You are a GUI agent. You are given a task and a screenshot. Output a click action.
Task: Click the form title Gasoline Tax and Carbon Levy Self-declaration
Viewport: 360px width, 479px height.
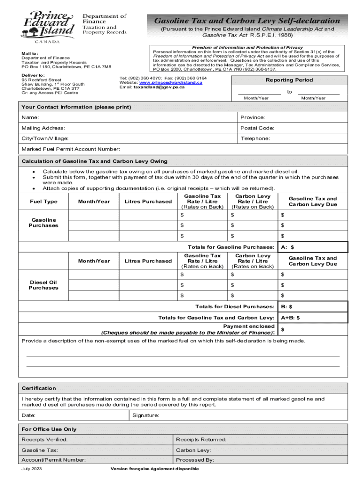pyautogui.click(x=247, y=21)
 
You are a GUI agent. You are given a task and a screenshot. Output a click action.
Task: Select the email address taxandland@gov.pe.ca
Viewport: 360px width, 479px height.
pyautogui.click(x=159, y=87)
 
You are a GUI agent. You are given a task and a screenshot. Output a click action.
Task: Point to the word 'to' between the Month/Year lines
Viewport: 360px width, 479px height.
pyautogui.click(x=289, y=92)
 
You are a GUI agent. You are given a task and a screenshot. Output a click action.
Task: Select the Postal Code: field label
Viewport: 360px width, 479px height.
pyautogui.click(x=257, y=128)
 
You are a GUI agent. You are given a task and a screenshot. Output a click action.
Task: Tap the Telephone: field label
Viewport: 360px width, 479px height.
pyautogui.click(x=255, y=138)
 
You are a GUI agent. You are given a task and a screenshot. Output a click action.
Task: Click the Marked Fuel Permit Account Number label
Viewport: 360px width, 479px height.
pyautogui.click(x=71, y=149)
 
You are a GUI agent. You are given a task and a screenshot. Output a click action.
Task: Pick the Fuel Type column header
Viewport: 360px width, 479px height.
pyautogui.click(x=44, y=202)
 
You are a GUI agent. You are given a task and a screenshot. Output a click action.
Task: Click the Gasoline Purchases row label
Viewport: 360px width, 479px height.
pyautogui.click(x=44, y=223)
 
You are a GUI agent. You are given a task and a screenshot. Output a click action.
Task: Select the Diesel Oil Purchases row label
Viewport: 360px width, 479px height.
pyautogui.click(x=43, y=285)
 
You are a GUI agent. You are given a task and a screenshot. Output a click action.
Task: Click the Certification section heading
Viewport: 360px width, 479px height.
pyautogui.click(x=39, y=388)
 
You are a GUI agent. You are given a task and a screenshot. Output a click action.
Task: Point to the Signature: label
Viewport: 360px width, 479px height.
pyautogui.click(x=145, y=415)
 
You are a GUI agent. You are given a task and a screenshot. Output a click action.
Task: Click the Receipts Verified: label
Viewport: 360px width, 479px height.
pyautogui.click(x=44, y=440)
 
